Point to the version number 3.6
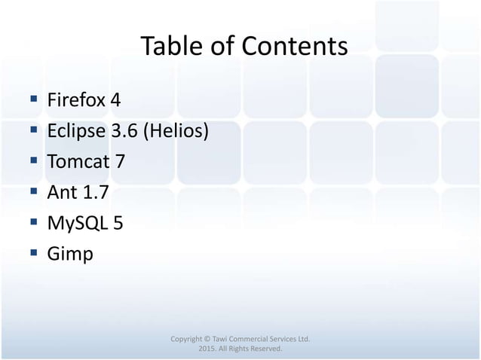click(124, 132)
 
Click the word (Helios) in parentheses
click(176, 132)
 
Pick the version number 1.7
click(95, 193)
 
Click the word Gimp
click(70, 255)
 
